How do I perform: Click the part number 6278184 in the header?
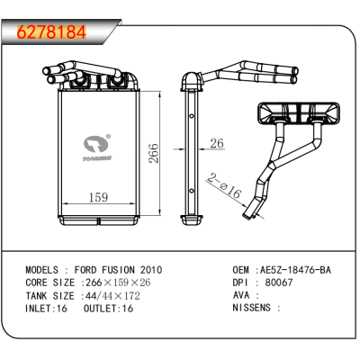[x=52, y=32]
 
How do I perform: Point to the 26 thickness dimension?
[x=216, y=143]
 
